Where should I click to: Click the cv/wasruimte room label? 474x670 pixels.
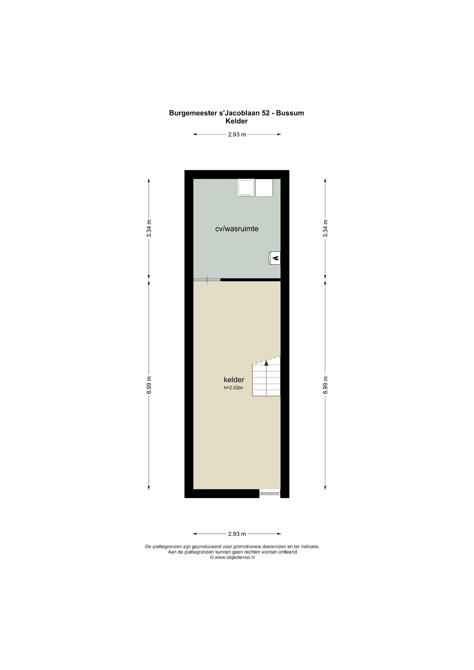pyautogui.click(x=237, y=229)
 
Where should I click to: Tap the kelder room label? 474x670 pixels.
pyautogui.click(x=234, y=379)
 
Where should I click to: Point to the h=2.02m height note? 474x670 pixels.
pyautogui.click(x=233, y=388)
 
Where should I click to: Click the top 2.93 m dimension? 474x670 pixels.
pyautogui.click(x=237, y=134)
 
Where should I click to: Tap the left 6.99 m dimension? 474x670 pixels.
pyautogui.click(x=149, y=385)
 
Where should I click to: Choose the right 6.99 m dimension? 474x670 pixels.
pyautogui.click(x=325, y=385)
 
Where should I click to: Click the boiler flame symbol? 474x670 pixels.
pyautogui.click(x=275, y=258)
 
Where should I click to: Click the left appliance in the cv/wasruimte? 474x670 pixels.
pyautogui.click(x=246, y=188)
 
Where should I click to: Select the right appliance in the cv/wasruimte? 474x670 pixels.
pyautogui.click(x=264, y=188)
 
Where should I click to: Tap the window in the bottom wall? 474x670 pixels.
pyautogui.click(x=270, y=493)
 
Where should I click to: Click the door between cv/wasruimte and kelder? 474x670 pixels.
pyautogui.click(x=207, y=280)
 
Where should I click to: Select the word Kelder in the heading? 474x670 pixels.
pyautogui.click(x=237, y=121)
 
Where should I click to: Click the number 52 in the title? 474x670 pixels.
pyautogui.click(x=266, y=113)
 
